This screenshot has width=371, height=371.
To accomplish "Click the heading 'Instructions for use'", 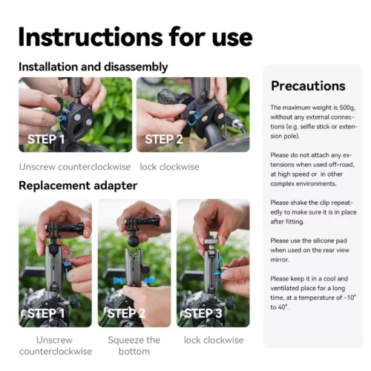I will point(135,36).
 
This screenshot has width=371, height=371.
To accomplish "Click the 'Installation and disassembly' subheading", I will point(93,67).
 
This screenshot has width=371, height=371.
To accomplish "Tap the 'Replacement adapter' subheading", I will point(78,185).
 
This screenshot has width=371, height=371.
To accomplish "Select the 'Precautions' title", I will point(308,85).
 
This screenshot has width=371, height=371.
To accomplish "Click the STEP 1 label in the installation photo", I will point(46,139).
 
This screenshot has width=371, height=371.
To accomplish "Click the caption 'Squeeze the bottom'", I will point(133,346).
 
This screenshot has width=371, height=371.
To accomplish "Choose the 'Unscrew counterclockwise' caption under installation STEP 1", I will point(73,167).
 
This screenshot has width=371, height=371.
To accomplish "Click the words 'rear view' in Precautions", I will point(333,250).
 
